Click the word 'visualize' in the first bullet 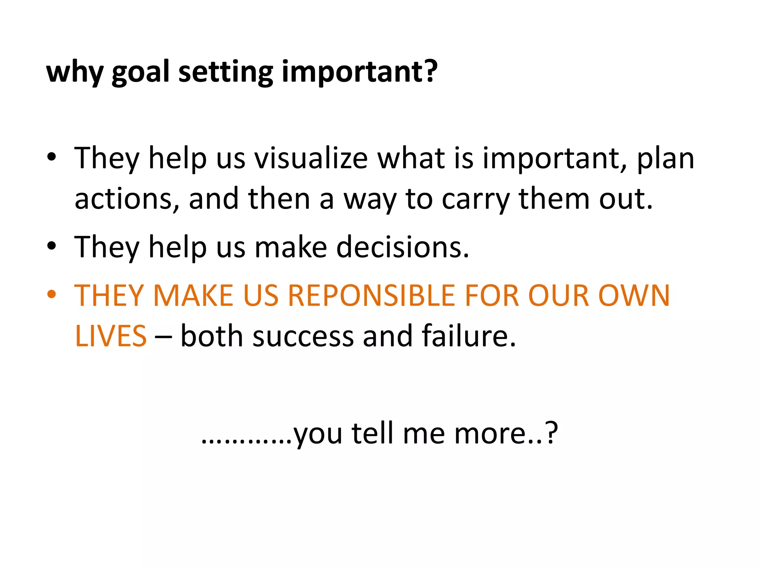click(x=311, y=159)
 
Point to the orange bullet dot click(x=52, y=295)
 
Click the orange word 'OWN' click(x=634, y=296)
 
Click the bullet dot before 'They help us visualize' click(x=52, y=157)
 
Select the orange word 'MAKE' click(x=193, y=296)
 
